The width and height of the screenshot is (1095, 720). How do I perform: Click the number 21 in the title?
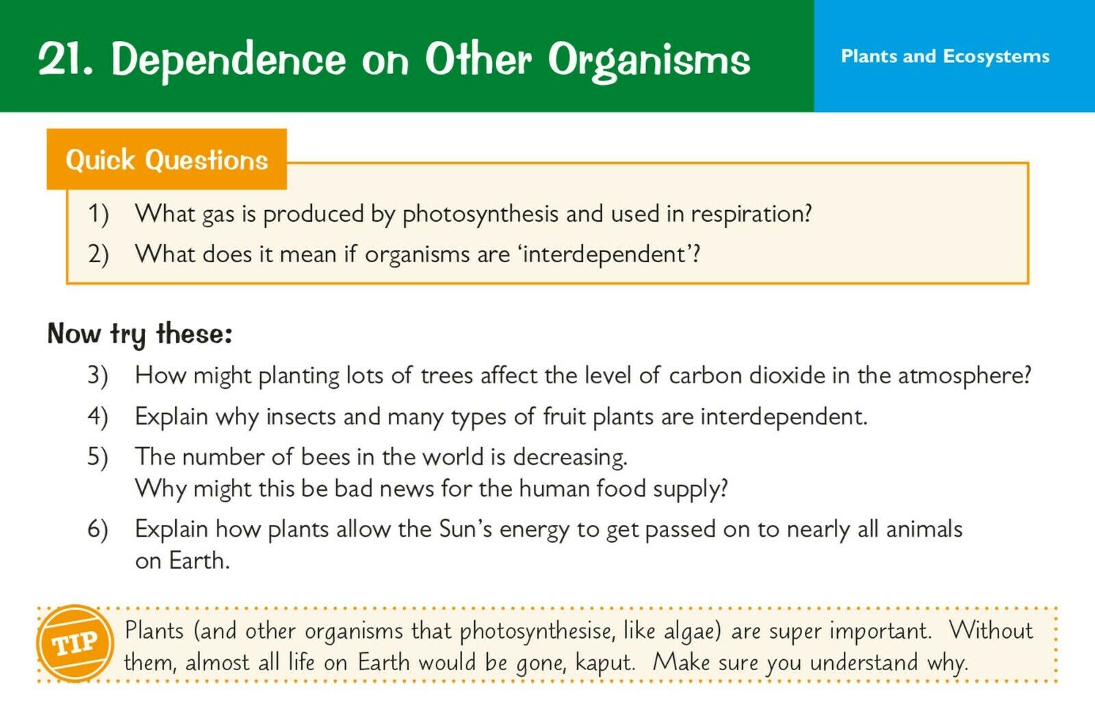[64, 59]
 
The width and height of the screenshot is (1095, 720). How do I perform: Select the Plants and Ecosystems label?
[945, 57]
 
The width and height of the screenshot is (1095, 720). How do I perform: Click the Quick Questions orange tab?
[167, 159]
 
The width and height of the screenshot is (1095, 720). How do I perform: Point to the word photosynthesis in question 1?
[480, 215]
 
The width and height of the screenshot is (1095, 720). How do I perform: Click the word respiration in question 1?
[751, 215]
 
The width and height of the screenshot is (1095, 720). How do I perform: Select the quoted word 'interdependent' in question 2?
[605, 254]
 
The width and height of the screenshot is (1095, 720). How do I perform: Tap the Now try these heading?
[140, 335]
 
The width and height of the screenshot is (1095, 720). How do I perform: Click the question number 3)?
[98, 376]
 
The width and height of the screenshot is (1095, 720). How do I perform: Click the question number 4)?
[98, 417]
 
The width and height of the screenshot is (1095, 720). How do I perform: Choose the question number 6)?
[98, 529]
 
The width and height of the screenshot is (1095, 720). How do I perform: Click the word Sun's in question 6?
[465, 529]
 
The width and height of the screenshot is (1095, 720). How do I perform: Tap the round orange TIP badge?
[75, 644]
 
